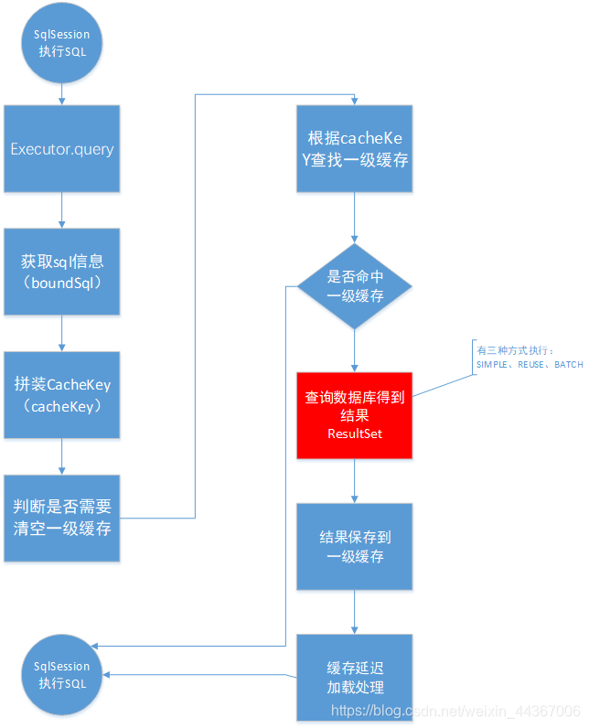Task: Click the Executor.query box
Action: point(61,148)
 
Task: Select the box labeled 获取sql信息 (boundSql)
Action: point(61,272)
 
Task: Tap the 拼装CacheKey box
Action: point(61,395)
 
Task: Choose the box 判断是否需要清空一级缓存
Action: point(61,518)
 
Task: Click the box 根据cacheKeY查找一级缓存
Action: point(355,148)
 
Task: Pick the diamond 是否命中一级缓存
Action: point(355,287)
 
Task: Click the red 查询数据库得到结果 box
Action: point(355,415)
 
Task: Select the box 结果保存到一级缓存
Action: point(355,546)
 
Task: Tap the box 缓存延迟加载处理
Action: point(355,678)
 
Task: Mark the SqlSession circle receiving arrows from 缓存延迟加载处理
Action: point(61,675)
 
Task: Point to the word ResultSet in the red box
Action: point(355,434)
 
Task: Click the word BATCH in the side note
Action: point(568,365)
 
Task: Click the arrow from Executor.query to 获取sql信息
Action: point(61,209)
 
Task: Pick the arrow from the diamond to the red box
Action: point(355,350)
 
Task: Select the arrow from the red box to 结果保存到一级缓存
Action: point(355,480)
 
